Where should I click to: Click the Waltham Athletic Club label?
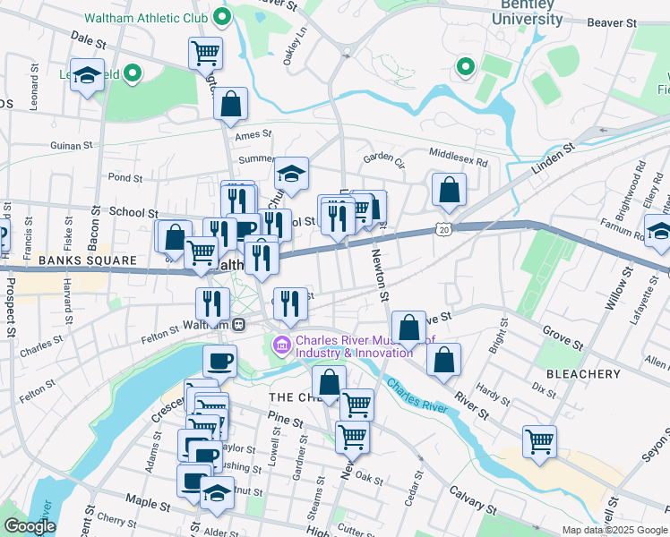pos(146,18)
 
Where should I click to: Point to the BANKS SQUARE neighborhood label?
pos(87,260)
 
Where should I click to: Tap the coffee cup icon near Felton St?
pos(219,361)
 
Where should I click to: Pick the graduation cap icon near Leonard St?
pos(87,75)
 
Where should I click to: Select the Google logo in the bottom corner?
pos(30,526)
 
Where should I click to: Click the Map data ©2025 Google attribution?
pos(614,530)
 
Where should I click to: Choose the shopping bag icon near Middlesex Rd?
pos(449,190)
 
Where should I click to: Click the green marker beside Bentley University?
pos(465,66)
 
